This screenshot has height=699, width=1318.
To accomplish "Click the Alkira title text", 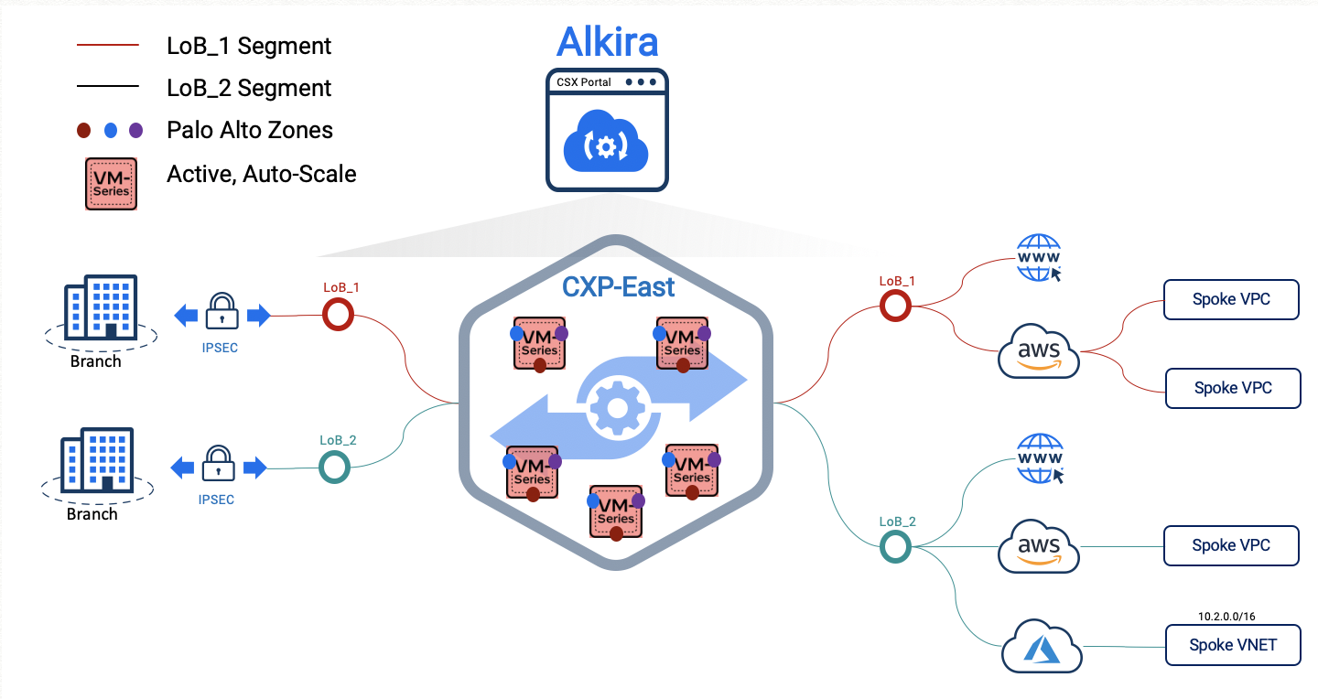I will pyautogui.click(x=607, y=42).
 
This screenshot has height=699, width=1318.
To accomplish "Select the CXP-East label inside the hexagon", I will pyautogui.click(x=618, y=286).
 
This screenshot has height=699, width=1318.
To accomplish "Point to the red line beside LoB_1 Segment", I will pyautogui.click(x=108, y=45).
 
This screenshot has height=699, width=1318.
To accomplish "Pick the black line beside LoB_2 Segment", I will pyautogui.click(x=108, y=87).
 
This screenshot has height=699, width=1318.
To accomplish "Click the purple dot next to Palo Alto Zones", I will pyautogui.click(x=136, y=130).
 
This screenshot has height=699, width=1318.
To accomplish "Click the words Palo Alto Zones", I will pyautogui.click(x=250, y=130).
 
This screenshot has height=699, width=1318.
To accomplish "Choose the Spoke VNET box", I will pyautogui.click(x=1232, y=645).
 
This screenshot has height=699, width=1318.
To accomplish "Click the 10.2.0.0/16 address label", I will pyautogui.click(x=1231, y=617).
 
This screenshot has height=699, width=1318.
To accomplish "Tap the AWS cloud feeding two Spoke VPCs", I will pyautogui.click(x=1039, y=351).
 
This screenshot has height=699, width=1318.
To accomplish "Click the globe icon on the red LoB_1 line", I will pyautogui.click(x=1039, y=258).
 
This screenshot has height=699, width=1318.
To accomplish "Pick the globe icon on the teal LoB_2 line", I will pyautogui.click(x=1040, y=459).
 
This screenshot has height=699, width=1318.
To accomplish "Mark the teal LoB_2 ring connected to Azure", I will pyautogui.click(x=895, y=547).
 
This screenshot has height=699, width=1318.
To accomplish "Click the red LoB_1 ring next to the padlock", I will pyautogui.click(x=338, y=316).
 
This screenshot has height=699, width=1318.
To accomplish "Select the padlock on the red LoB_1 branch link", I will pyautogui.click(x=222, y=312).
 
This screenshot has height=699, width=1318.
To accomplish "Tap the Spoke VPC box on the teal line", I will pyautogui.click(x=1231, y=545).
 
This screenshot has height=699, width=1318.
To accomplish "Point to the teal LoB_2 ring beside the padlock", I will pyautogui.click(x=334, y=468).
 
